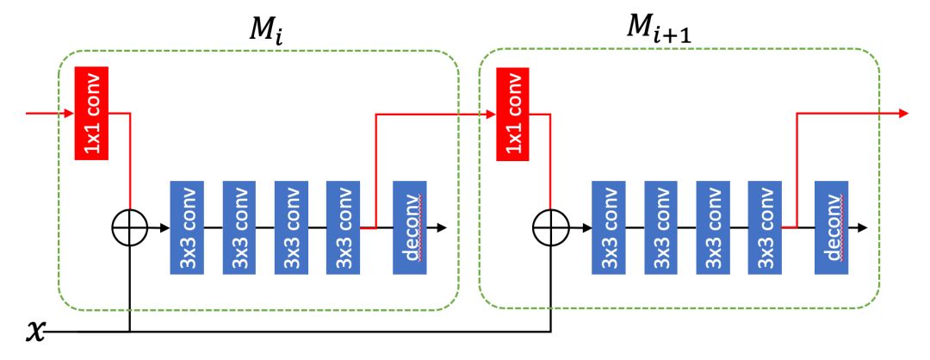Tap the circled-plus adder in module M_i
coord(129,228)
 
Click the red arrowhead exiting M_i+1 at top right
coord(903,113)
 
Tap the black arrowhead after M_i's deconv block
coord(442,228)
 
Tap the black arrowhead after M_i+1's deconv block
coord(863,228)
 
